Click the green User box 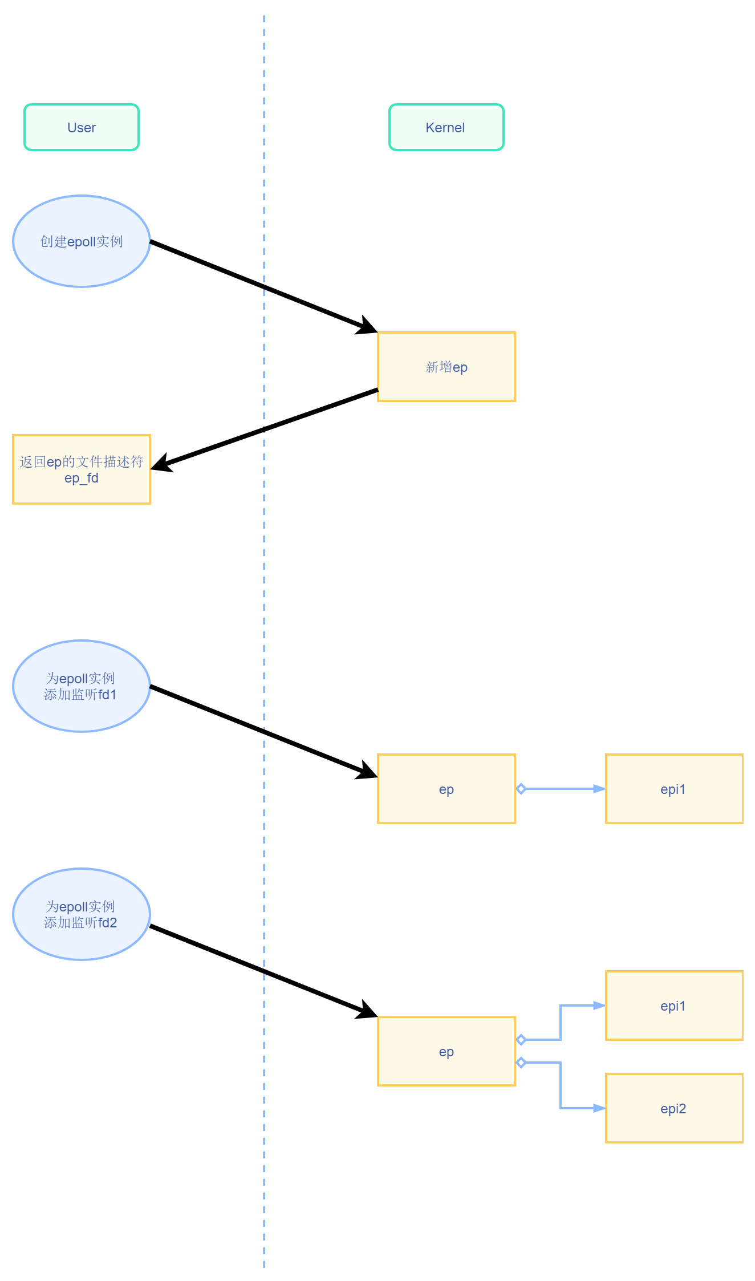click(82, 127)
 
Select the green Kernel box click(446, 127)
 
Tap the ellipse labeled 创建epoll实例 click(82, 241)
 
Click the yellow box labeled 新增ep click(446, 367)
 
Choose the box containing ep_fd click(82, 469)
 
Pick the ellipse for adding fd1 click(82, 686)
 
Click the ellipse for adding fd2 click(82, 914)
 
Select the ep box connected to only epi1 click(446, 789)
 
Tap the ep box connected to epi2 click(446, 1051)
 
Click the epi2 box click(674, 1108)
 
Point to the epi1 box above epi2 click(674, 1006)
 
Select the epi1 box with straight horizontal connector click(674, 789)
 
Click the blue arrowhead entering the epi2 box click(599, 1108)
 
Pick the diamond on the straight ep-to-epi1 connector click(521, 789)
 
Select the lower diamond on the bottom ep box click(521, 1063)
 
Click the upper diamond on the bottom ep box click(521, 1040)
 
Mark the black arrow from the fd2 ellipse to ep click(262, 971)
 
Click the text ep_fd click(82, 478)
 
